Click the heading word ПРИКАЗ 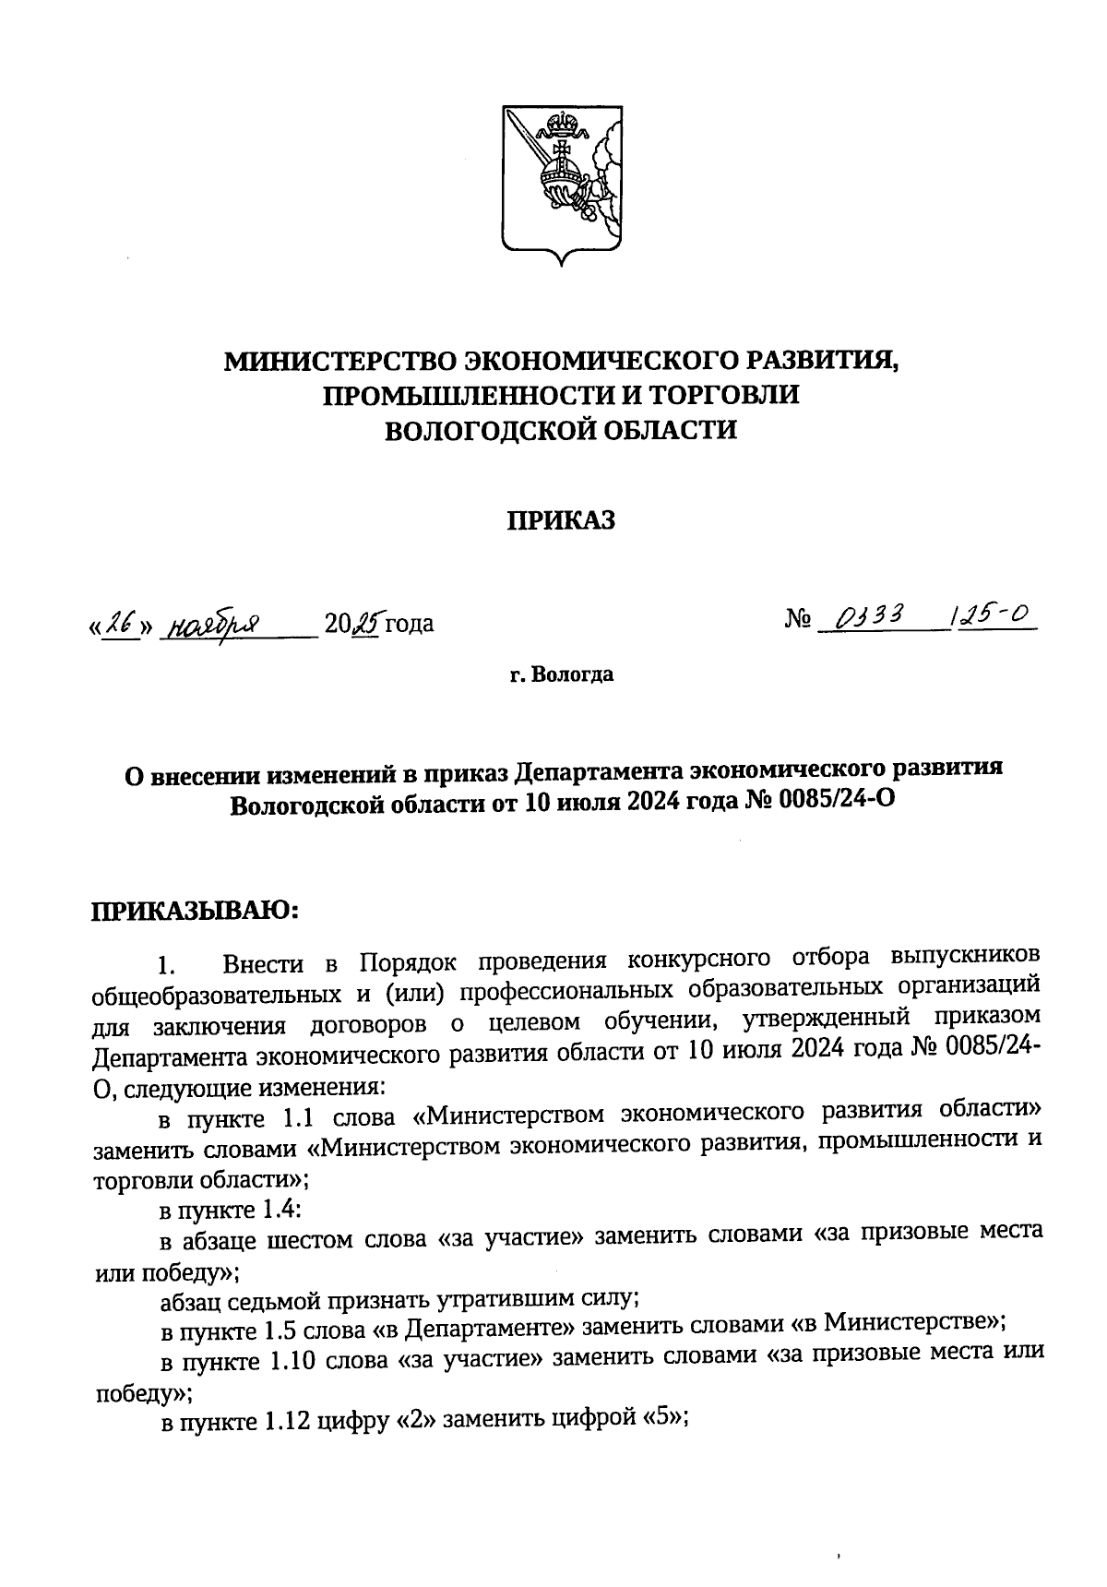tap(561, 521)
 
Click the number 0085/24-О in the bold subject tap(839, 802)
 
